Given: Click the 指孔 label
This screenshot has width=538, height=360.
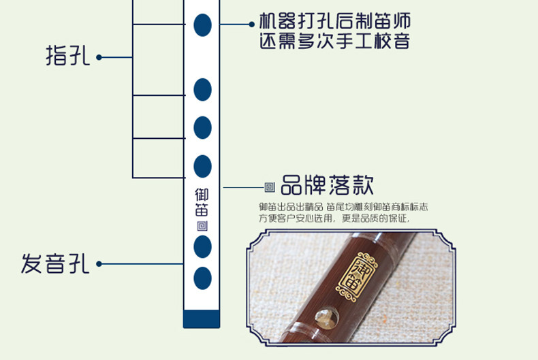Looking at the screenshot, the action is tap(67, 56).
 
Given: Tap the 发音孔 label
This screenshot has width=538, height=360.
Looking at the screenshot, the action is tap(55, 263).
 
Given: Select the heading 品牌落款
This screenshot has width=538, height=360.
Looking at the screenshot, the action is tap(327, 184).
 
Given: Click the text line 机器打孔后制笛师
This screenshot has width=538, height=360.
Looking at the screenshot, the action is tap(334, 21).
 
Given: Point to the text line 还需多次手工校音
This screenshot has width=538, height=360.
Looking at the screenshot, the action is tap(334, 42).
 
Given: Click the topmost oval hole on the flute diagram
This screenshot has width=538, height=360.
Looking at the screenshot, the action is tap(202, 25).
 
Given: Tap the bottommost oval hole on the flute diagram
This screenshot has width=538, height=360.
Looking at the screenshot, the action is tap(202, 278).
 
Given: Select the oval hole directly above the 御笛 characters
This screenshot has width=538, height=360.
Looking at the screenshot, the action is tap(202, 166).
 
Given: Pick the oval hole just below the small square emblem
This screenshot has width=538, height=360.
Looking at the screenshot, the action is tap(202, 246).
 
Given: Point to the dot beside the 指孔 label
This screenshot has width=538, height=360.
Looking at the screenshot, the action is tap(99, 57).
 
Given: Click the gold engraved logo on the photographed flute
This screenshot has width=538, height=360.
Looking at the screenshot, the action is tap(351, 278).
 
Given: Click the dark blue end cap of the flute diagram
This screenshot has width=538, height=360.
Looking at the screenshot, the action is tap(202, 318).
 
